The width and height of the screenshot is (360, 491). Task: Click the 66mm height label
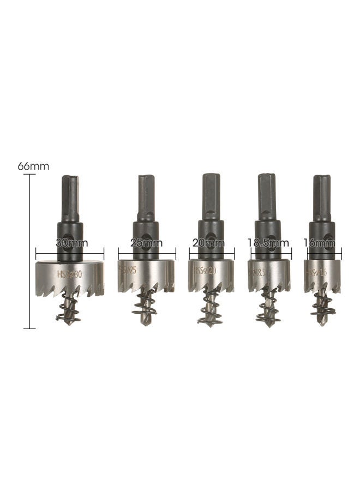33,166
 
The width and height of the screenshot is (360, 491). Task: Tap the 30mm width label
70,244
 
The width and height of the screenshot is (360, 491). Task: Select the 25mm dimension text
147,244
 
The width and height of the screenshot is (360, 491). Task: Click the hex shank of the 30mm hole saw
70,196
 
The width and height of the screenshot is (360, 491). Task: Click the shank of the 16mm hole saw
322,196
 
